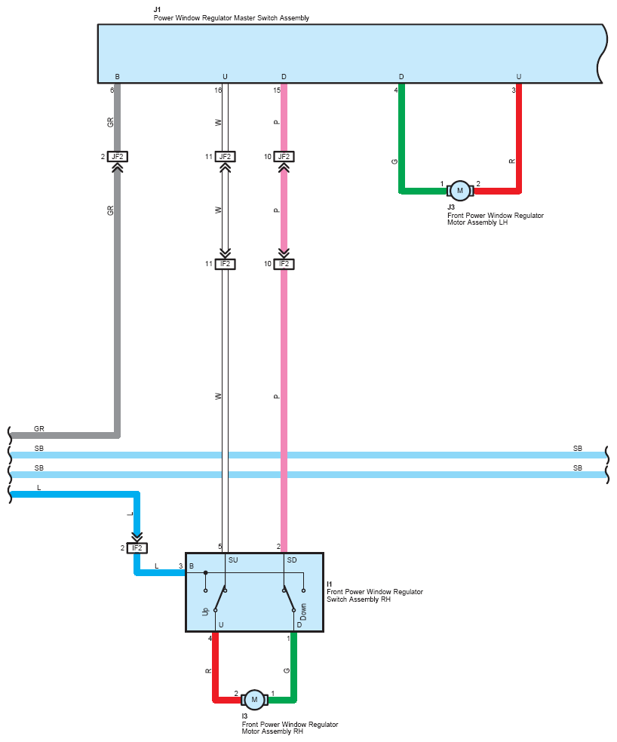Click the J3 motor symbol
(460, 191)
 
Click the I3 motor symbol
(254, 700)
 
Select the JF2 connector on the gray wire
(118, 157)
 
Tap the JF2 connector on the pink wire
(284, 157)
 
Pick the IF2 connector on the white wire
(225, 264)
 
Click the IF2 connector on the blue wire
(137, 548)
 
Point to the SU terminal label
(233, 560)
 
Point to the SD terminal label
(292, 560)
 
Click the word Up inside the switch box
(205, 612)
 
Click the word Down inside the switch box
(303, 612)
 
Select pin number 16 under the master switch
(218, 90)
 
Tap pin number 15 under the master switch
(277, 90)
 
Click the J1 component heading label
(157, 10)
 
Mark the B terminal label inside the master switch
(118, 77)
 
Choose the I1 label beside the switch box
(329, 584)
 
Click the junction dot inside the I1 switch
(205, 573)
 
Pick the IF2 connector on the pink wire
(284, 264)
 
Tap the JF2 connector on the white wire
(225, 157)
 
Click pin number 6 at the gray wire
(112, 90)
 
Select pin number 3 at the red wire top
(514, 90)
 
